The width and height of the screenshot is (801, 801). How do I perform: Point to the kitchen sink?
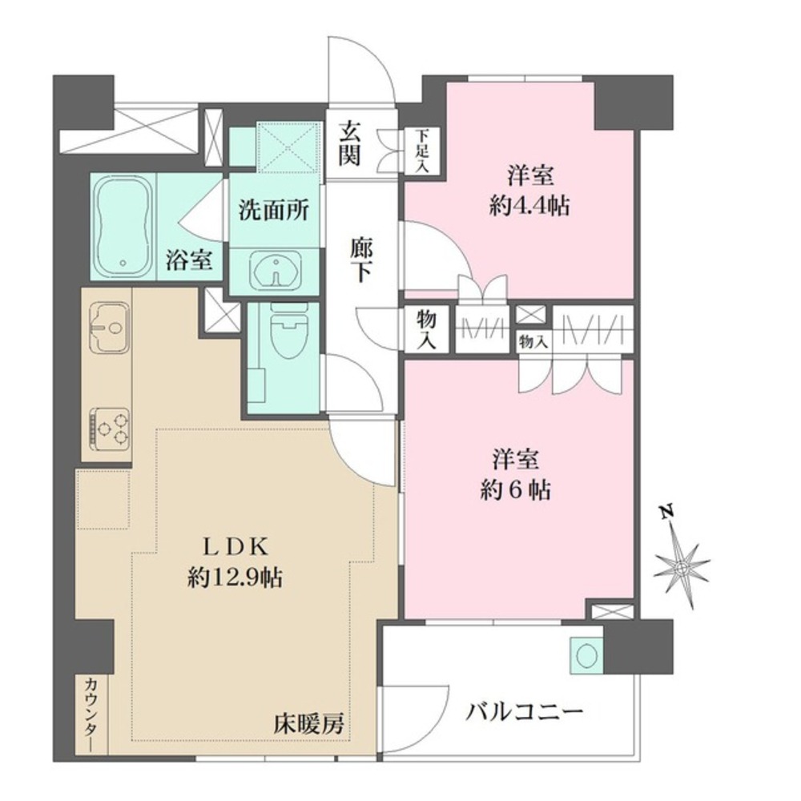click(109, 327)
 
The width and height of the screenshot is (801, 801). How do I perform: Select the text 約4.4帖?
click(529, 206)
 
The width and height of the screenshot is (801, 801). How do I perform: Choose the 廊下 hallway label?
click(361, 260)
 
